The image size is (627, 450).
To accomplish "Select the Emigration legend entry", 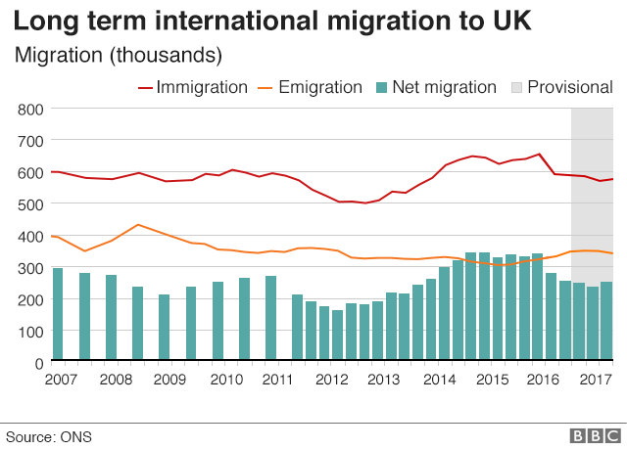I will (309, 87).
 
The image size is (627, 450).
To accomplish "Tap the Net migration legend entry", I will (436, 87).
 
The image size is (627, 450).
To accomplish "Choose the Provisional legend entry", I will (561, 87).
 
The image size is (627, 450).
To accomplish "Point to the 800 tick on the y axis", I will (29, 109).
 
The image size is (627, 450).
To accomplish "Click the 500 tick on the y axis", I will (29, 204).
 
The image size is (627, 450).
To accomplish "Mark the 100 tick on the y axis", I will (29, 332).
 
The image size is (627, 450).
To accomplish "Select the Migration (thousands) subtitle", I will (118, 53).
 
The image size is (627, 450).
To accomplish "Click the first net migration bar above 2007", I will (58, 315).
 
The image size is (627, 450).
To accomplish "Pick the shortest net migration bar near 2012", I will (338, 337).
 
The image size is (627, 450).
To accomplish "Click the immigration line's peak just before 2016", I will (539, 154).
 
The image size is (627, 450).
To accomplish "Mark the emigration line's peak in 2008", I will (138, 225).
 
